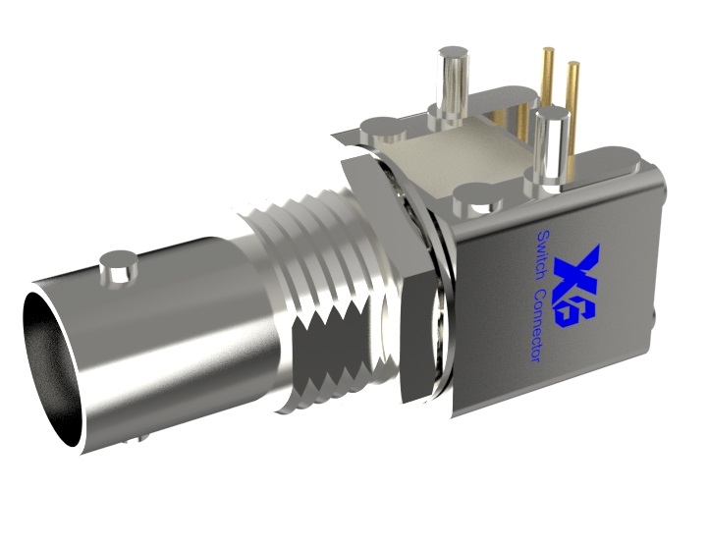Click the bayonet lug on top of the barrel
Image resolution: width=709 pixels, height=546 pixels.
click(117, 267)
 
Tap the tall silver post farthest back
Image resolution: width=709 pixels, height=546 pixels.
click(453, 82)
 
